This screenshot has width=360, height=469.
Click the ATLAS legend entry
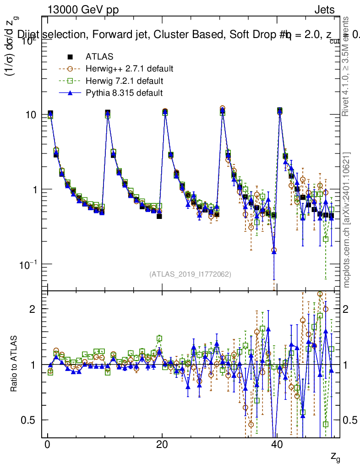pyautogui.click(x=99, y=57)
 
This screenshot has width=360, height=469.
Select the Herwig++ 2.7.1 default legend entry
pyautogui.click(x=129, y=69)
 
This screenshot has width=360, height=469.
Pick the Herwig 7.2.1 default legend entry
pyautogui.click(x=124, y=81)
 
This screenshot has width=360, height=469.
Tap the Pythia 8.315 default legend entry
pyautogui.click(x=124, y=93)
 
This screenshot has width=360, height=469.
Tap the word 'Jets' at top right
pyautogui.click(x=324, y=10)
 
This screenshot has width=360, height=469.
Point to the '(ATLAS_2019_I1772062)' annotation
pyautogui.click(x=190, y=274)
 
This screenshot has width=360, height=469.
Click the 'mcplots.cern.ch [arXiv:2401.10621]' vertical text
pyautogui.click(x=347, y=220)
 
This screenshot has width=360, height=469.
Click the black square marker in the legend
pyautogui.click(x=70, y=57)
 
